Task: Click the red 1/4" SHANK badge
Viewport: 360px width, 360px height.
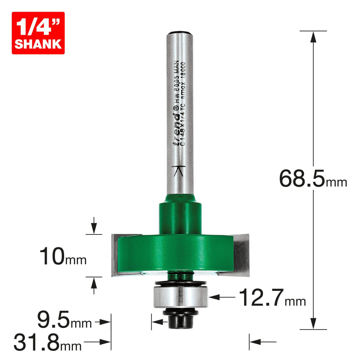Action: pos(38,33)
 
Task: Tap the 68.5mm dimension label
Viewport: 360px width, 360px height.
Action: pos(313,179)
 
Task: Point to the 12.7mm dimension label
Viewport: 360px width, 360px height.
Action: pos(272,298)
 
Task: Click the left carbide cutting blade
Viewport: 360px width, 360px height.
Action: pos(114,255)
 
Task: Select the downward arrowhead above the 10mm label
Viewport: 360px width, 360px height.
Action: pos(94,229)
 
